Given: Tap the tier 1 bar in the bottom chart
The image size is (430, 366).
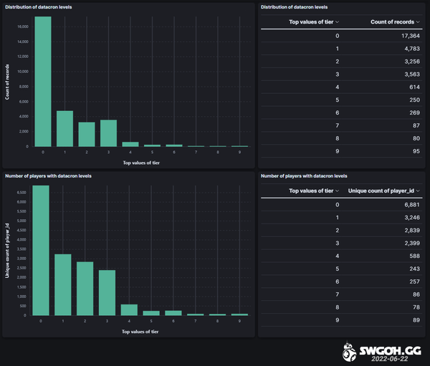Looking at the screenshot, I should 64,284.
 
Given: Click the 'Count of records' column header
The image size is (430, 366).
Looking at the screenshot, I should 392,22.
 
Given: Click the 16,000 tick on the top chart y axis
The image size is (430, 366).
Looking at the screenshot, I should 22,27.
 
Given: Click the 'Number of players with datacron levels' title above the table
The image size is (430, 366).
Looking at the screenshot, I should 304,175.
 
